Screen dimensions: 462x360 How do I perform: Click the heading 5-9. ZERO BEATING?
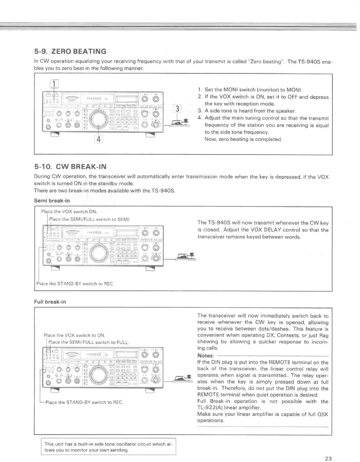pos(70,51)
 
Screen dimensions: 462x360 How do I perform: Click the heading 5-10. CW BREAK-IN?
pos(70,166)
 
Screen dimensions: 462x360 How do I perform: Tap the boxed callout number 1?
pos(54,84)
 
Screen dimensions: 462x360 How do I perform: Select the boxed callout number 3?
pos(177,109)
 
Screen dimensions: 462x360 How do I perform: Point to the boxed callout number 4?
pos(98,139)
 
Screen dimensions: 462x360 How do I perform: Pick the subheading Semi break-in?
pos(52,201)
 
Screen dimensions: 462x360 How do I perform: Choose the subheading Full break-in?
pos(50,302)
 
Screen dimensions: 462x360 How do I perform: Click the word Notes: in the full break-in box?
pos(206,356)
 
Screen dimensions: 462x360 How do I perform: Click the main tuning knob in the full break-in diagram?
pos(99,374)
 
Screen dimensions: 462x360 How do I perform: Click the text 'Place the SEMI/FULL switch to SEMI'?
pos(90,219)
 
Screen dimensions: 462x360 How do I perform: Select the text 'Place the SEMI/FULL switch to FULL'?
pos(89,342)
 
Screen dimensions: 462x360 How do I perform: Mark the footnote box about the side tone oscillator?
pos(108,447)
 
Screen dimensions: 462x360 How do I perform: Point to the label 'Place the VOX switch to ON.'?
pos(74,336)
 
